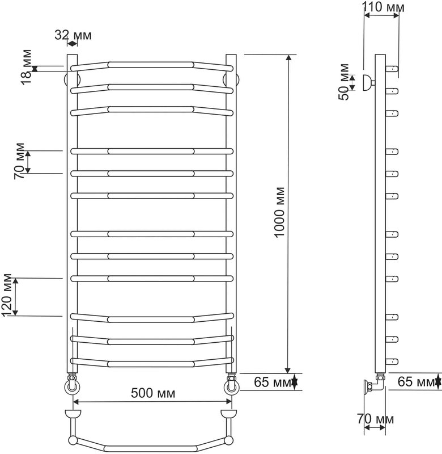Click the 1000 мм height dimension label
280,212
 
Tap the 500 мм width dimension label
153,393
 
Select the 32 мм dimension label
73,35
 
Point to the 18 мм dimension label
27,67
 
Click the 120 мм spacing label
7,295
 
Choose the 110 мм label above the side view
383,7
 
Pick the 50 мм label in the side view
344,82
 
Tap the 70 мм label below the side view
375,419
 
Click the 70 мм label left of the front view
20,161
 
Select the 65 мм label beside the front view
273,382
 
